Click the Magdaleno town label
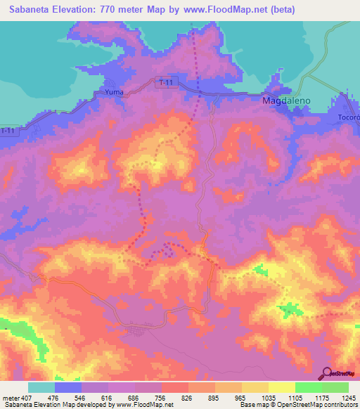click(x=285, y=101)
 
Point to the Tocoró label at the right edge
click(x=349, y=117)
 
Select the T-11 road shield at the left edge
click(x=7, y=131)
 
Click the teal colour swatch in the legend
click(x=41, y=387)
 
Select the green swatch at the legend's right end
click(x=335, y=387)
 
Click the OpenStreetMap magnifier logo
click(x=326, y=372)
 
